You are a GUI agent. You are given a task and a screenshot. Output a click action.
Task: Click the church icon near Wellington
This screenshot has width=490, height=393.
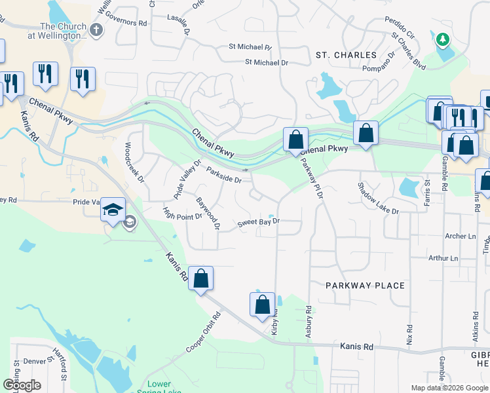[x=97, y=29]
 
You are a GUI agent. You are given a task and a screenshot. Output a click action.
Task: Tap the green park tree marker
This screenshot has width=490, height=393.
[x=443, y=40]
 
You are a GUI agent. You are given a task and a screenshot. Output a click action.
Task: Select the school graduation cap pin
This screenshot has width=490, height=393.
[x=113, y=210]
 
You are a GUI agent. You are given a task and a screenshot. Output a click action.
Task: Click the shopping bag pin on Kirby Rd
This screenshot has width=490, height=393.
[x=262, y=305]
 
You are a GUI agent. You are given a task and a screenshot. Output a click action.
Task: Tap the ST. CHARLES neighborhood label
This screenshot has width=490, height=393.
[x=346, y=55]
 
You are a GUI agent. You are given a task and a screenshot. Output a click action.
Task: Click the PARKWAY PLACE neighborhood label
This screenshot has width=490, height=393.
[x=366, y=286]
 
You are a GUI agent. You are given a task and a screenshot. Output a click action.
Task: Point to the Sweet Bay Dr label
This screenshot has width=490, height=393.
[x=258, y=222]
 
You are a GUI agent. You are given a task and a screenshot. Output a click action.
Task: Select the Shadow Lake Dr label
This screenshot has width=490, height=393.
[x=378, y=198]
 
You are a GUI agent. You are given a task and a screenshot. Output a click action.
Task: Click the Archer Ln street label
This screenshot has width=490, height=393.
[x=460, y=236]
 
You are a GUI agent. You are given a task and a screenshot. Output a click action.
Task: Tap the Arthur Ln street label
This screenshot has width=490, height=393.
[x=442, y=258]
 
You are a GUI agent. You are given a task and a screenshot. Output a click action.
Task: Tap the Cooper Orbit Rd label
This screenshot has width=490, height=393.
[x=204, y=332]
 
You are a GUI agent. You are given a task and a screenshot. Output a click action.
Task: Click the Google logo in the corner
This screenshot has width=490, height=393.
[x=22, y=385]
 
